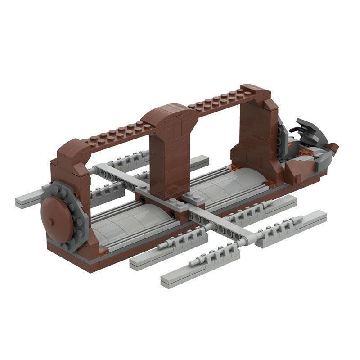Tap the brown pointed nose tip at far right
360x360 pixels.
point(333,147)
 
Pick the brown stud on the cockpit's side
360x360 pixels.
point(297,179)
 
